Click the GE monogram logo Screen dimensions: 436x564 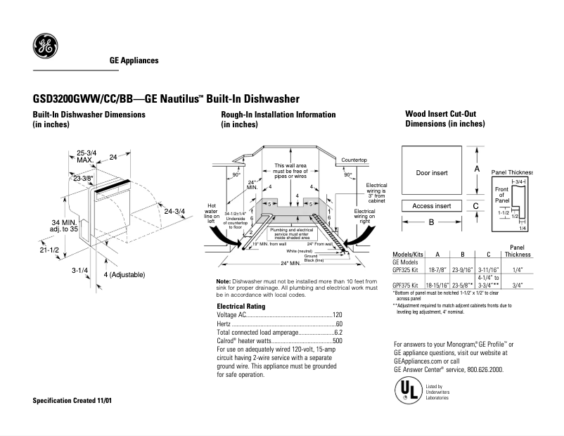point(45,47)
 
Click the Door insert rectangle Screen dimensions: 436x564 point(432,172)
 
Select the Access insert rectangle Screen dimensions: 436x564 point(432,206)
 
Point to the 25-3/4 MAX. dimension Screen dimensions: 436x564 point(86,156)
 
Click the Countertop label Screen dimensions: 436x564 point(354,160)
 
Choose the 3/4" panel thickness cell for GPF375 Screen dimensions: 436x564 point(521,286)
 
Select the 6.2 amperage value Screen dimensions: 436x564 point(338,332)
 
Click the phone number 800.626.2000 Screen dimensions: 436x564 point(479,369)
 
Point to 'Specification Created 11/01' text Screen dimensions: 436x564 point(72,400)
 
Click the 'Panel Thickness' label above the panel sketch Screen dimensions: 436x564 point(512,172)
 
